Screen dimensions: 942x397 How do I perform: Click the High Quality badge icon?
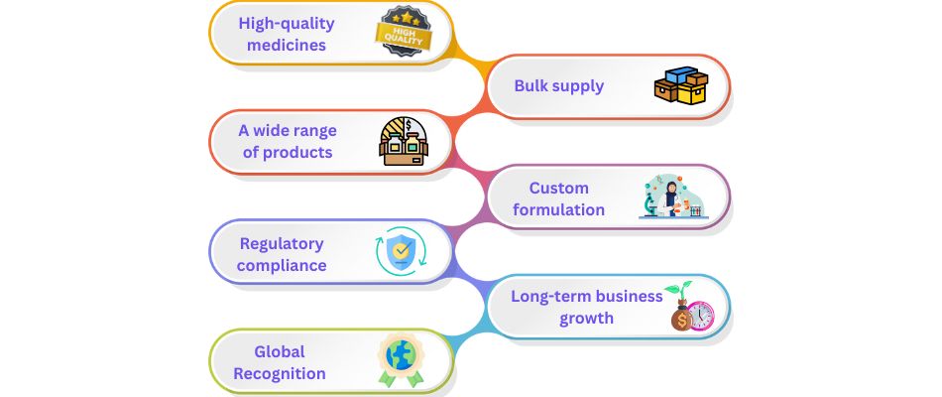tap(404, 31)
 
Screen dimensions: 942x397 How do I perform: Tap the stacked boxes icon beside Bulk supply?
tap(681, 86)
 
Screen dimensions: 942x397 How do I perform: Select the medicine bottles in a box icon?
tap(404, 141)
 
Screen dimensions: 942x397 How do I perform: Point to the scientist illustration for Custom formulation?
tap(673, 197)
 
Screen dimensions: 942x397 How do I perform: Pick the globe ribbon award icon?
tap(401, 360)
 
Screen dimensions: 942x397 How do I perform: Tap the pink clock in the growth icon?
tap(700, 316)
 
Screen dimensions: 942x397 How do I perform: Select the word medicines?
tap(287, 45)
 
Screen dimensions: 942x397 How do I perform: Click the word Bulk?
tap(529, 85)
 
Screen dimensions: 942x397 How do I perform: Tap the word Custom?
tap(558, 188)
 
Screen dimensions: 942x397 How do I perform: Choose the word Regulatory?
tap(282, 243)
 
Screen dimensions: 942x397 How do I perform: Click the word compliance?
tap(282, 265)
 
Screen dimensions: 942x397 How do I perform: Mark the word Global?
tap(280, 351)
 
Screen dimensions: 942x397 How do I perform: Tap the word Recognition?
tap(280, 373)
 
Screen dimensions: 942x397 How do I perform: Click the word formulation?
tap(558, 210)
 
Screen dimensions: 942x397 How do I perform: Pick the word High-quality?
tap(287, 24)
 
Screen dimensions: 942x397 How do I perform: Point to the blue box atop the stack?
tap(681, 74)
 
